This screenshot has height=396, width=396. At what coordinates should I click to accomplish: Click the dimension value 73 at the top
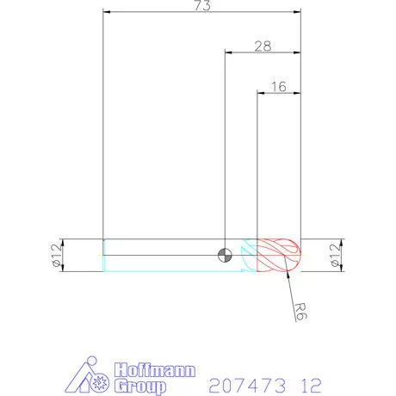202,6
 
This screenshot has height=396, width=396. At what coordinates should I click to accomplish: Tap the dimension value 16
278,86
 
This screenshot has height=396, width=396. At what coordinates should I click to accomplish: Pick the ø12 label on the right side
336,255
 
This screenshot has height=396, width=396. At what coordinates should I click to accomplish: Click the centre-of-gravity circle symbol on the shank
225,254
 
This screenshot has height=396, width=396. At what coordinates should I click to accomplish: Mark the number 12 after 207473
314,379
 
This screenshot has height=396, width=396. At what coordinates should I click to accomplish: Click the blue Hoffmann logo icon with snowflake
91,375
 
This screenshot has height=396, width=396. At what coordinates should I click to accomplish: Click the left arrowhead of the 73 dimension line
105,13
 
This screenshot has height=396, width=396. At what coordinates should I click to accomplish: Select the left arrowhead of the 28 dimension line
227,53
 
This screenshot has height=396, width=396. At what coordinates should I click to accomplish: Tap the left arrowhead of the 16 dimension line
261,92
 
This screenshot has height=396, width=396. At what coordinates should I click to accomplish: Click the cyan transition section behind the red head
249,255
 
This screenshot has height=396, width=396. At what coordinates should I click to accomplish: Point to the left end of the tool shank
104,255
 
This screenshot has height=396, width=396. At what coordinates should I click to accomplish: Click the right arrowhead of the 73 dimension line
299,13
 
